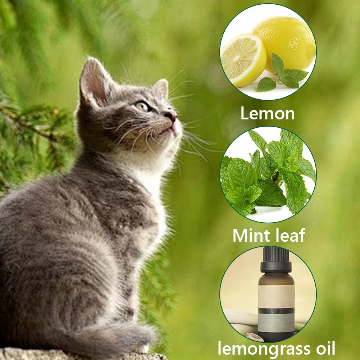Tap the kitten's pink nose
pyautogui.click(x=172, y=116)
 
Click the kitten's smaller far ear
pyautogui.click(x=162, y=87)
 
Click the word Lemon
pyautogui.click(x=268, y=113)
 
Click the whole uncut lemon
pyautogui.click(x=285, y=43)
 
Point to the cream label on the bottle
pyautogui.click(x=276, y=296)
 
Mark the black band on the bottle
pyautogui.click(x=276, y=311)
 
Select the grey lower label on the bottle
pyautogui.click(x=276, y=323)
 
